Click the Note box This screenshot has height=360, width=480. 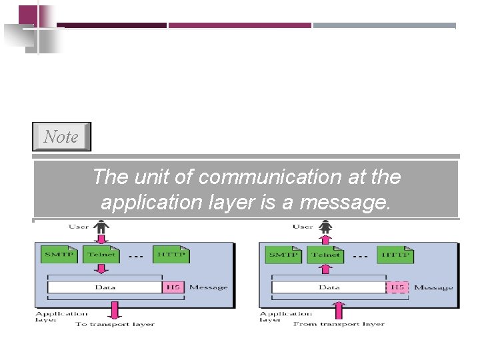(61, 137)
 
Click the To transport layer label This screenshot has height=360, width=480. (115, 325)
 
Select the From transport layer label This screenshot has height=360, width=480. (339, 325)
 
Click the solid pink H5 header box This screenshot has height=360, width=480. (173, 287)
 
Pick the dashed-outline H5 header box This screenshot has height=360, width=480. (397, 287)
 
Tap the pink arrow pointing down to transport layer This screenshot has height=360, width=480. (115, 310)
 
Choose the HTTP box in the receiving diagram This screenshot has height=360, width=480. (395, 255)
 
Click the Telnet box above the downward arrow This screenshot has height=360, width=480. (101, 255)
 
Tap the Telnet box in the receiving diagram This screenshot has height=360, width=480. (325, 255)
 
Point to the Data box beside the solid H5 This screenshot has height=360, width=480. (105, 287)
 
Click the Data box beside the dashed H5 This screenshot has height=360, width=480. (329, 287)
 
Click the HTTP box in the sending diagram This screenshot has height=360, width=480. (171, 255)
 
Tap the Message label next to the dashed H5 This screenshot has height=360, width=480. (433, 288)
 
